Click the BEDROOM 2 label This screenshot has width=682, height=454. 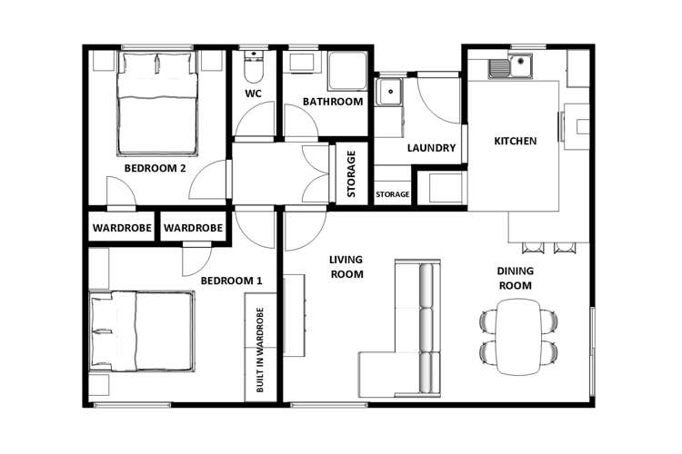tap(155, 168)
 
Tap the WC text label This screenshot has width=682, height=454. tap(254, 93)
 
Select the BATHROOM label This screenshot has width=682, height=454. tap(333, 102)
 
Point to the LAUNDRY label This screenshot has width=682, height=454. tap(431, 148)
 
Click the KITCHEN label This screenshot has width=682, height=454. tap(515, 141)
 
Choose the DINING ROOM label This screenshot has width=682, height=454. tap(515, 278)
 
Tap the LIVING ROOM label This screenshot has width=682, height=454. tap(346, 266)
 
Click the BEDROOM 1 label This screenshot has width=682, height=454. tap(231, 281)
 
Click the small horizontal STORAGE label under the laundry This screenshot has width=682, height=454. tap(392, 194)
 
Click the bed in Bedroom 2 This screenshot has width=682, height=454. tap(156, 103)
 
